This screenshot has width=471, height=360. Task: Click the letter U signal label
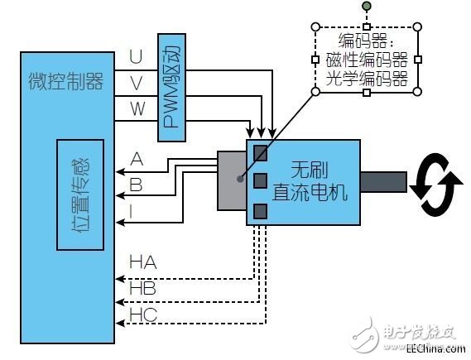[x=136, y=56]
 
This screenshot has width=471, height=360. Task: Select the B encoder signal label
[x=136, y=185]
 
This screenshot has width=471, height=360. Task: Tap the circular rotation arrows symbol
[x=436, y=184]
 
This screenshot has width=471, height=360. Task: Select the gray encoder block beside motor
[x=231, y=180]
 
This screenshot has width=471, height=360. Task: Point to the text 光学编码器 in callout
[x=367, y=79]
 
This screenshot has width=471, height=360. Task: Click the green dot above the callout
[x=366, y=8]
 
